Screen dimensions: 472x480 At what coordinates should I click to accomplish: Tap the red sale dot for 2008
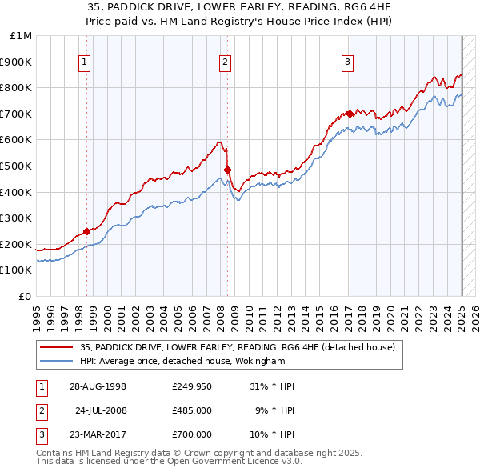click(227, 170)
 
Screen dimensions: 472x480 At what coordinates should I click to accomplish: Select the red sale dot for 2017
click(350, 114)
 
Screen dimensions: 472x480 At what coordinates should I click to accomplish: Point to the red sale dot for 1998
click(87, 231)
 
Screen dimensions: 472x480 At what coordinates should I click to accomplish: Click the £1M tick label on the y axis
click(22, 36)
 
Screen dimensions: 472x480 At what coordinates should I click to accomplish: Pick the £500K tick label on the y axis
click(18, 166)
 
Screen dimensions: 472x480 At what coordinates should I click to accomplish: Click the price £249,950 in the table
click(192, 386)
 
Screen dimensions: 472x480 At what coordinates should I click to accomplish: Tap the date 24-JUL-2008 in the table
click(101, 410)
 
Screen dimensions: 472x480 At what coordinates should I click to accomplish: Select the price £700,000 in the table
click(192, 434)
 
